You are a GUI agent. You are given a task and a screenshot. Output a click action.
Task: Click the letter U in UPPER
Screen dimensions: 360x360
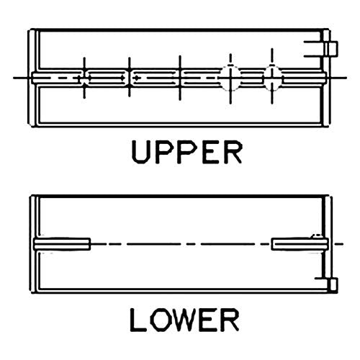point(140,152)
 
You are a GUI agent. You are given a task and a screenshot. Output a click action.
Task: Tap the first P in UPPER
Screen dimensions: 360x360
point(161,152)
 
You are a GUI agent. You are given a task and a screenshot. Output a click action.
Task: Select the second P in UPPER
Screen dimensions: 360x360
point(184,152)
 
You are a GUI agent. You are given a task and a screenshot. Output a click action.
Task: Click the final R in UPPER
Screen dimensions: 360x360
point(231,152)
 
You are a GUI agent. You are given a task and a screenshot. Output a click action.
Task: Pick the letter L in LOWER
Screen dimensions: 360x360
point(137,320)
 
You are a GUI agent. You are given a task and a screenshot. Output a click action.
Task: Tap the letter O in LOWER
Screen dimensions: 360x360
point(159,320)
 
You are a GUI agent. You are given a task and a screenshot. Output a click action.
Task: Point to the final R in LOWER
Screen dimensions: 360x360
point(230,320)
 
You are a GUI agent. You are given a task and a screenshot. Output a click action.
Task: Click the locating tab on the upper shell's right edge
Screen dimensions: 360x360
point(331,49)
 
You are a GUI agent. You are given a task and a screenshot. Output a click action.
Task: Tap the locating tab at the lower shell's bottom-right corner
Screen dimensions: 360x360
point(333,285)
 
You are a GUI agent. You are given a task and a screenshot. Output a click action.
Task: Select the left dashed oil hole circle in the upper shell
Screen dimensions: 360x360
point(230,78)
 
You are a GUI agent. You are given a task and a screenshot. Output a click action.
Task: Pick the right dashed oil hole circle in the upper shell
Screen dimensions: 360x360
point(272,78)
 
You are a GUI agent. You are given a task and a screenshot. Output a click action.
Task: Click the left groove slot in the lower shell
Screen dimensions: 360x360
point(62,244)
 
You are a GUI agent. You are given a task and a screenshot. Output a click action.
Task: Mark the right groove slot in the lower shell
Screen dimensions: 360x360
point(300,244)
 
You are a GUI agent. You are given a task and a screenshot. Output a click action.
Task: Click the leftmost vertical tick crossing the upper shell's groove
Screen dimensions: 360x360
point(84,78)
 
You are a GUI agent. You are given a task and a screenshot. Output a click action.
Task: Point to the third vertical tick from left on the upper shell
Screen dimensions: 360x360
point(180,78)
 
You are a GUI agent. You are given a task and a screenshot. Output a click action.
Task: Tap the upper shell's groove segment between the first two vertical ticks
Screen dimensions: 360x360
point(107,78)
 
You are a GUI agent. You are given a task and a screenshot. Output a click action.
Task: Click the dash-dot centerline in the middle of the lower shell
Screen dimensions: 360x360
point(181,244)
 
